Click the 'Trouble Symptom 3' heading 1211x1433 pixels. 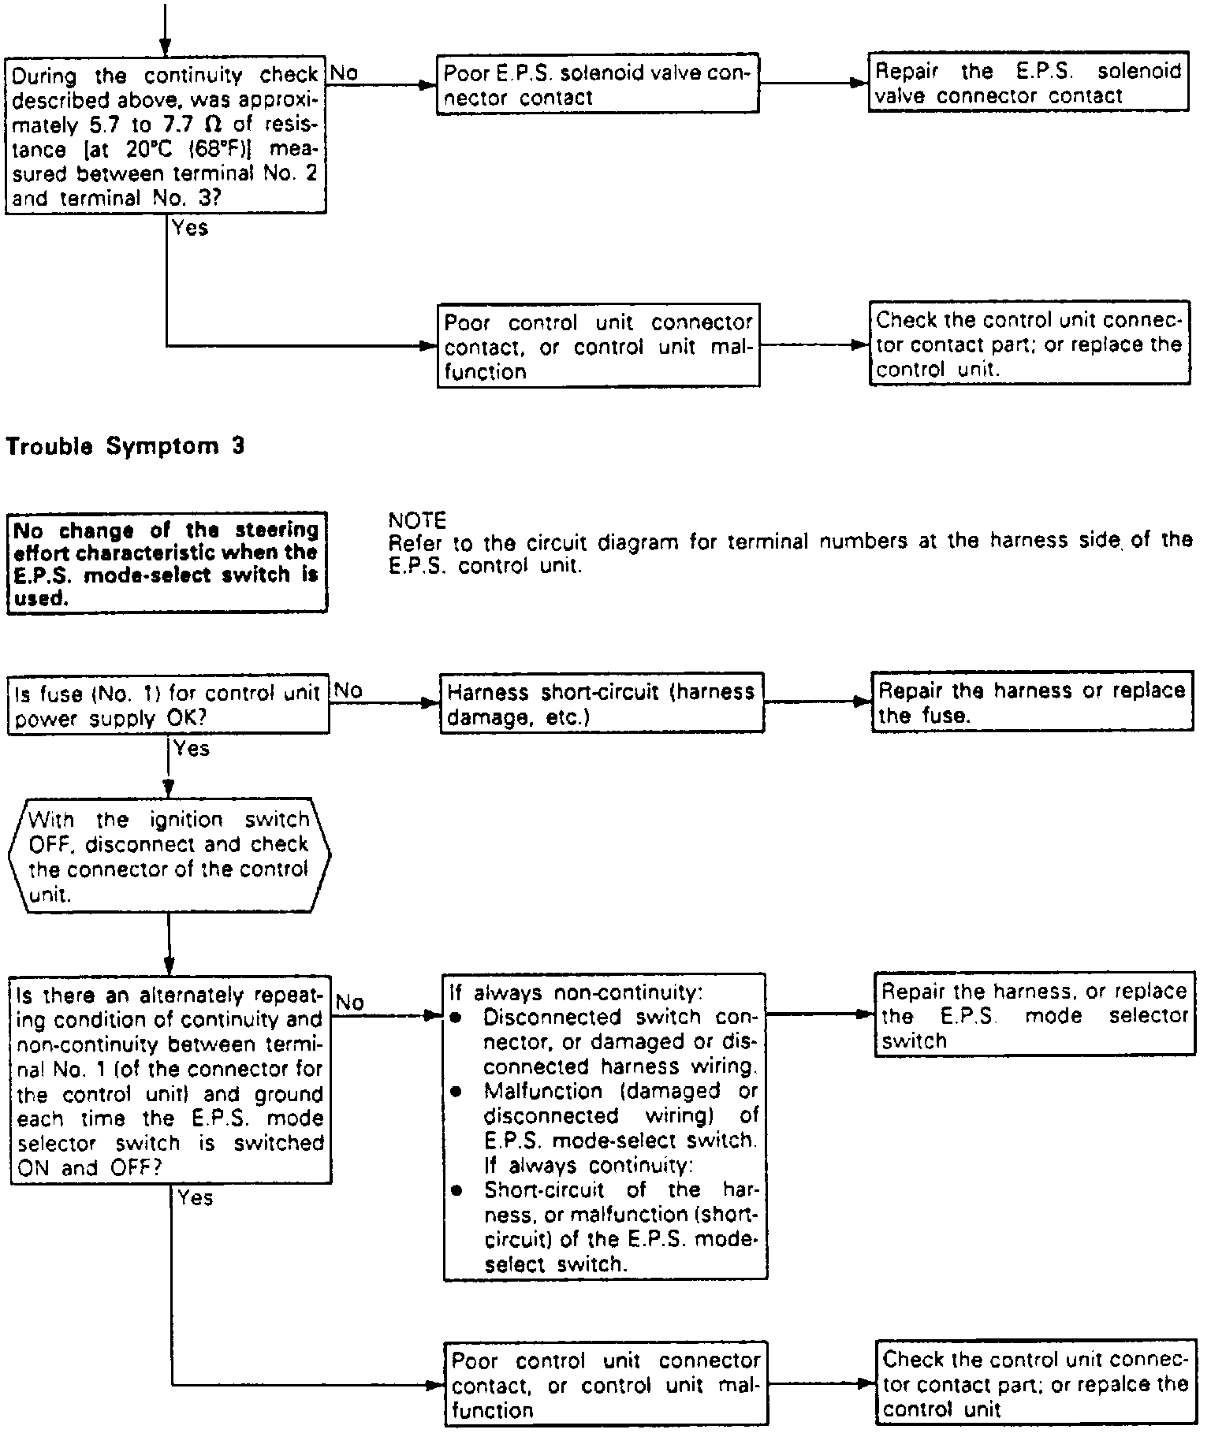[x=125, y=447]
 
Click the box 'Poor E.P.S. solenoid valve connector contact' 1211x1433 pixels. [x=597, y=84]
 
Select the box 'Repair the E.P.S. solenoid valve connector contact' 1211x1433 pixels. [x=1028, y=83]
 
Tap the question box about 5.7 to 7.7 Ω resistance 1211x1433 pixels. [x=166, y=135]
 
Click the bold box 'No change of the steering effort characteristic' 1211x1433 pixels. [x=166, y=563]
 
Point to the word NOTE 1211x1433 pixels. [x=417, y=520]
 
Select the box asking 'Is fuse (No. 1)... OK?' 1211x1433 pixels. [x=168, y=705]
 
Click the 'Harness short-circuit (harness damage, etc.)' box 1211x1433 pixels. [x=601, y=703]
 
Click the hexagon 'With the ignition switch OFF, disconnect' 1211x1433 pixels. [x=169, y=856]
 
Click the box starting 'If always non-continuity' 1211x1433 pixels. [x=604, y=1127]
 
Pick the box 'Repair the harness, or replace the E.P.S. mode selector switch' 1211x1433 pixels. [x=1034, y=1015]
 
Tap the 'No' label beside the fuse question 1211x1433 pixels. [x=348, y=690]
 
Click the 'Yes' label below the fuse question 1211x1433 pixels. [x=192, y=748]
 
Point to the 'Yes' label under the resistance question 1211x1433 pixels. [x=189, y=228]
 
